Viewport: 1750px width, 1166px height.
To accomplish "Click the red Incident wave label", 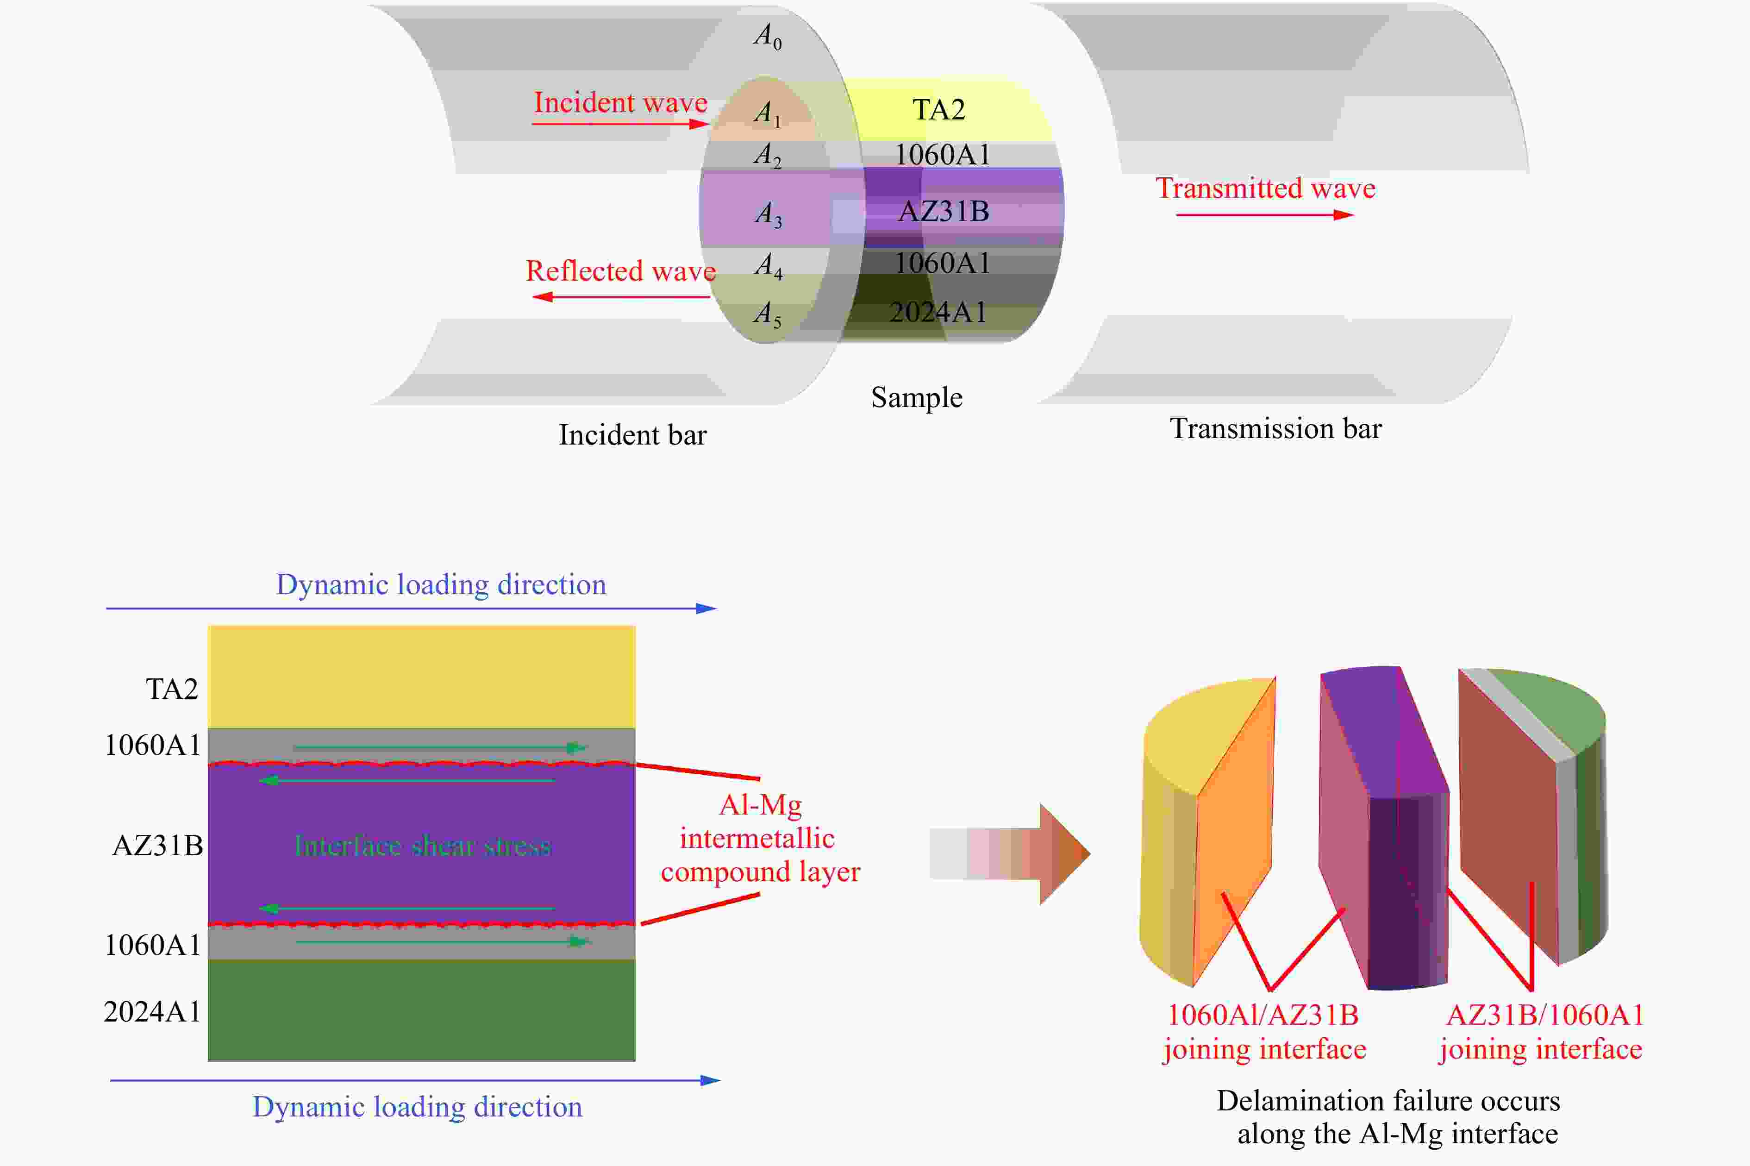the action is tap(621, 103).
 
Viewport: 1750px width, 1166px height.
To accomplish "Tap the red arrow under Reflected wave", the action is tap(621, 297).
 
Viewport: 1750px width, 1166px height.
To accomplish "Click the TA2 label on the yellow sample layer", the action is tap(939, 109).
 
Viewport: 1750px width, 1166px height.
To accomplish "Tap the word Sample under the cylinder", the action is tap(917, 398).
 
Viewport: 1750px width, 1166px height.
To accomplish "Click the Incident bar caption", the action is tap(633, 435).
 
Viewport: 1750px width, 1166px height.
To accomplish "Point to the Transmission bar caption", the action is tap(1276, 428).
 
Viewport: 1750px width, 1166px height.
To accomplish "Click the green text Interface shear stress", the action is tap(422, 846).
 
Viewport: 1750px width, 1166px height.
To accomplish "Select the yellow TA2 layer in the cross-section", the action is tap(421, 677).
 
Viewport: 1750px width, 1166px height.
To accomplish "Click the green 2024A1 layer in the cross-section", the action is tap(421, 1010).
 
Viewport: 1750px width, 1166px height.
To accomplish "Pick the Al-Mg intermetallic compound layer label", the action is tap(760, 838).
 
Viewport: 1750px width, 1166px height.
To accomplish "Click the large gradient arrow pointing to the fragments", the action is tap(1010, 854).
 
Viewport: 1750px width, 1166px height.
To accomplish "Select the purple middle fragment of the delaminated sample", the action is tap(1384, 827).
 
